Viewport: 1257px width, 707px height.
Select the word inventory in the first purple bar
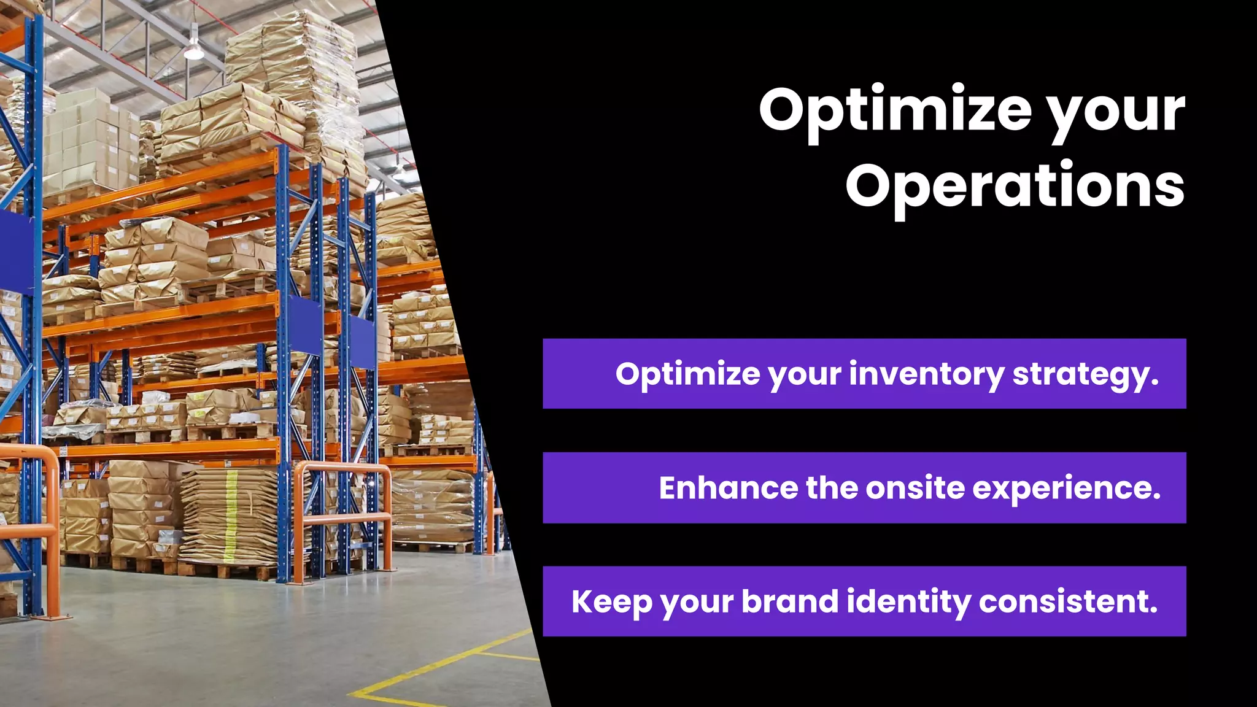pos(926,374)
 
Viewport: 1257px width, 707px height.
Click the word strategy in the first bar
pos(1085,375)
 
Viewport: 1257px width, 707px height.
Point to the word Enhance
pos(727,488)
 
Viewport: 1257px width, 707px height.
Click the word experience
pos(1066,489)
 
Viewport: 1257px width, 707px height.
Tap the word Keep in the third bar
pos(611,602)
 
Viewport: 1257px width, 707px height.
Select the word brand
pos(789,601)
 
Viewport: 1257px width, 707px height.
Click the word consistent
pos(1068,601)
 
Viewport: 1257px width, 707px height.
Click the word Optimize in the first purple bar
pos(687,374)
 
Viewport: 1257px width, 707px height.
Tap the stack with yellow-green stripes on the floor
pos(230,516)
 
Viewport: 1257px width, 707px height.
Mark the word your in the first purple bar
pos(805,375)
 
